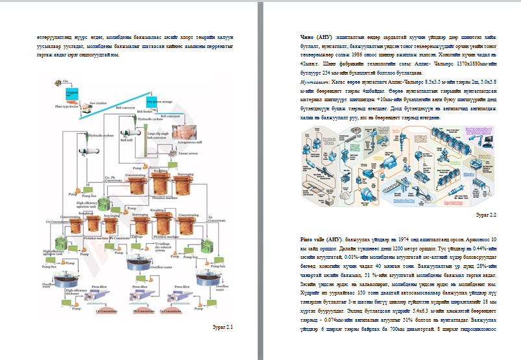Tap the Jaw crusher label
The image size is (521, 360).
(97, 103)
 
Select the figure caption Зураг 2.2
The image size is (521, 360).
(486, 214)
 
